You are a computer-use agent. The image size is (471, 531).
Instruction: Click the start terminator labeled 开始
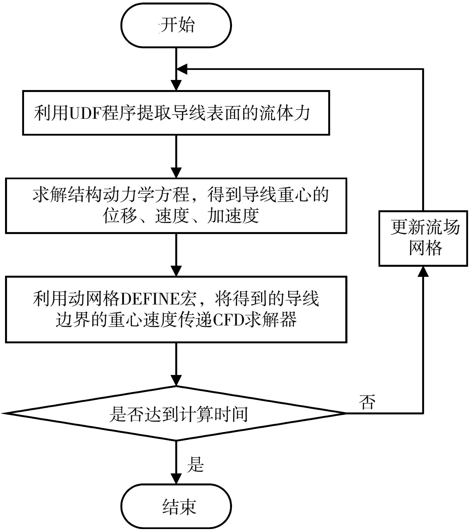point(176,25)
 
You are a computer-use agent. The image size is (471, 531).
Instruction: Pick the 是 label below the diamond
point(195,465)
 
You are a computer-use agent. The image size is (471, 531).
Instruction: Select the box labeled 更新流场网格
point(423,238)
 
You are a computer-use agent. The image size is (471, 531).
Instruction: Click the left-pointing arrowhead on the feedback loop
point(182,69)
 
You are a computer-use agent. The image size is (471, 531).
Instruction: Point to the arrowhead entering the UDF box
point(176,85)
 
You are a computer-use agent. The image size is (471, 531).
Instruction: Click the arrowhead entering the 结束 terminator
point(176,478)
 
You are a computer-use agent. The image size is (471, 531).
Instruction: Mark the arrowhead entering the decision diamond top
point(176,381)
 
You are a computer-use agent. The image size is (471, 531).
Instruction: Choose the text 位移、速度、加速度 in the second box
point(181,216)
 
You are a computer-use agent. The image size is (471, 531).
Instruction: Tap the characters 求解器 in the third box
point(271,320)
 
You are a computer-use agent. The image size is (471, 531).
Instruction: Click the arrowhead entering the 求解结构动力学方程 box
point(176,173)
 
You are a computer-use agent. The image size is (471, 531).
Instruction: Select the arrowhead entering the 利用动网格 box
point(176,271)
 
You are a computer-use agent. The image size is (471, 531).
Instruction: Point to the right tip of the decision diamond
point(345,413)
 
